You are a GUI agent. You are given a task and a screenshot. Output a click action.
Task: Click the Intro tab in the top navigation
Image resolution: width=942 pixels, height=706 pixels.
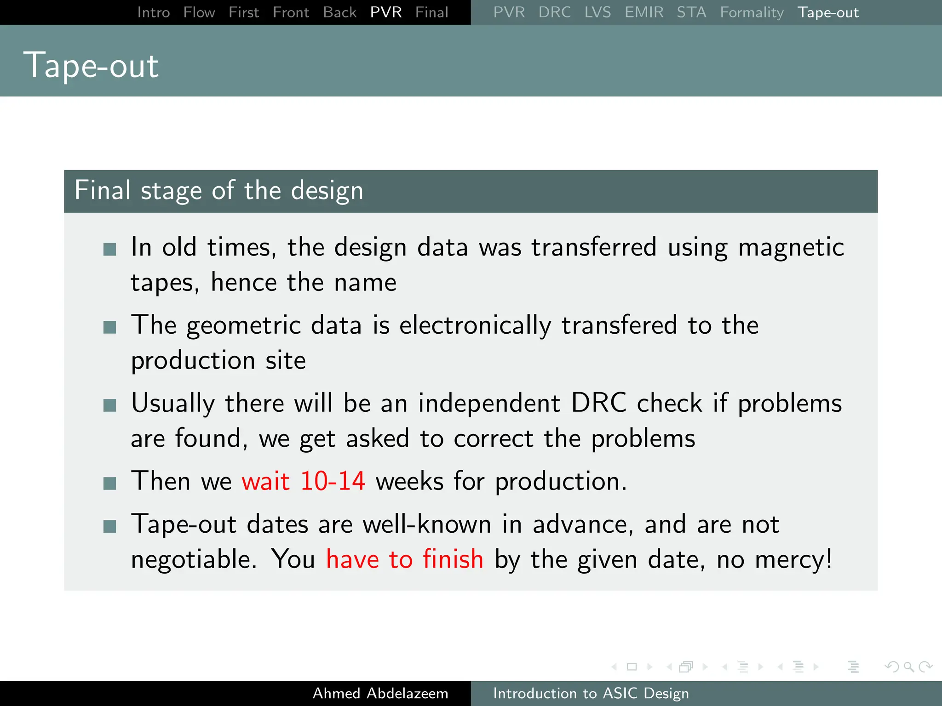pyautogui.click(x=153, y=12)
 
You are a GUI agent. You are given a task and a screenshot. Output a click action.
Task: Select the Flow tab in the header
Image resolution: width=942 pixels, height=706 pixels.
pyautogui.click(x=199, y=12)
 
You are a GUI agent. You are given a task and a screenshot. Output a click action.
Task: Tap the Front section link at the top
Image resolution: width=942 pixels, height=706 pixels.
pyautogui.click(x=290, y=12)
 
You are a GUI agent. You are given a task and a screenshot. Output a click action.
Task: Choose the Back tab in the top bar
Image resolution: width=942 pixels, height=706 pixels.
pyautogui.click(x=339, y=12)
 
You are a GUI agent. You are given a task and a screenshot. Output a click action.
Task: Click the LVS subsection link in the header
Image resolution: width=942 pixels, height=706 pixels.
pyautogui.click(x=597, y=12)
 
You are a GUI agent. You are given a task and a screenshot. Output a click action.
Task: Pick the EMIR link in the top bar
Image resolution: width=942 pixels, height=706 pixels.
pyautogui.click(x=643, y=12)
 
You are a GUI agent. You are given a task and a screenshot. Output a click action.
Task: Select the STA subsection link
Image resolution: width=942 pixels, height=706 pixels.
pyautogui.click(x=691, y=12)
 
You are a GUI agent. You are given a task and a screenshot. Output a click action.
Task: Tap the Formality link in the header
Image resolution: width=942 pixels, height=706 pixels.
pyautogui.click(x=752, y=12)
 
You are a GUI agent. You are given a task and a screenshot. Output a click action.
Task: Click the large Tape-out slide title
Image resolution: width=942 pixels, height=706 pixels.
pyautogui.click(x=91, y=65)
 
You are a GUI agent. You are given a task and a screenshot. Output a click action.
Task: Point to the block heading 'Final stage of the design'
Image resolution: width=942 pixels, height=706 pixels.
pyautogui.click(x=219, y=190)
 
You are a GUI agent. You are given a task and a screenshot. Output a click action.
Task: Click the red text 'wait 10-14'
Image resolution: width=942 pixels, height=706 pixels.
pyautogui.click(x=303, y=481)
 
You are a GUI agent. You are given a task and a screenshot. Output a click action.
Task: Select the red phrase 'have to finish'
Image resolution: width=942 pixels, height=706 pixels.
pyautogui.click(x=404, y=559)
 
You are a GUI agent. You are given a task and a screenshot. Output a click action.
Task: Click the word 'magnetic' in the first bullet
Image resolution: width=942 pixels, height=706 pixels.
pyautogui.click(x=791, y=247)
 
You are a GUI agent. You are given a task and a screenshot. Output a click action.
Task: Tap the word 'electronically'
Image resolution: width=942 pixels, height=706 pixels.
pyautogui.click(x=475, y=325)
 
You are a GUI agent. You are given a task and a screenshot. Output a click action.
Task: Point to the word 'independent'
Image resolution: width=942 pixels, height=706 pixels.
pyautogui.click(x=489, y=403)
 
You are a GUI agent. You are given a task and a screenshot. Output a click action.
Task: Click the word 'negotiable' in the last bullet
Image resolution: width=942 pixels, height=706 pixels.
pyautogui.click(x=191, y=559)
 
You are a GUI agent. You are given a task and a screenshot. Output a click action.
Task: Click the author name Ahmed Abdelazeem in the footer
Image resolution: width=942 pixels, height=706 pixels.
pyautogui.click(x=380, y=693)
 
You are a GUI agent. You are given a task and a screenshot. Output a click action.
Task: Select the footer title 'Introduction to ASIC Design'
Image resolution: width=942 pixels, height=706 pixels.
pyautogui.click(x=591, y=693)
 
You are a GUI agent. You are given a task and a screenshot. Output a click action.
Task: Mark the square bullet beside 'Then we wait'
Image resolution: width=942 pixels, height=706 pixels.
pyautogui.click(x=110, y=483)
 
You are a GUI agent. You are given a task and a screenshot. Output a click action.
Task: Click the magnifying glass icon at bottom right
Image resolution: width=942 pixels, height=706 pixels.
pyautogui.click(x=908, y=666)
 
